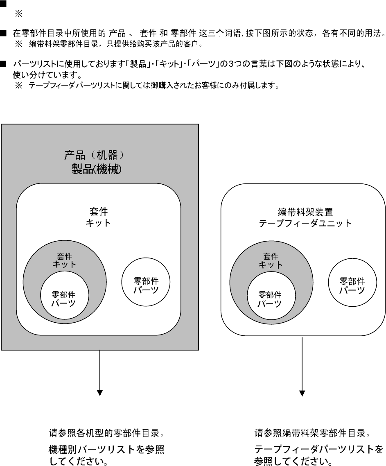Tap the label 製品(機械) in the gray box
tap(97, 169)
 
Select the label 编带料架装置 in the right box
tap(305, 212)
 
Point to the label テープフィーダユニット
tap(305, 223)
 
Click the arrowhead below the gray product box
tap(100, 393)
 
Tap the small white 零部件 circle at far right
tap(352, 282)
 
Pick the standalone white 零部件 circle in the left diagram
tap(146, 282)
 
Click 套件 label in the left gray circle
tap(65, 256)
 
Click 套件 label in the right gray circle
tap(271, 256)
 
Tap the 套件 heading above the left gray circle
tap(99, 212)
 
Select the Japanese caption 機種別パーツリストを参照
tap(106, 449)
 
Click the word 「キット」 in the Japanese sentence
tap(170, 64)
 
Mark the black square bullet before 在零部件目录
tap(3, 33)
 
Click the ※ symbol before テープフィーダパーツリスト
tap(19, 86)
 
